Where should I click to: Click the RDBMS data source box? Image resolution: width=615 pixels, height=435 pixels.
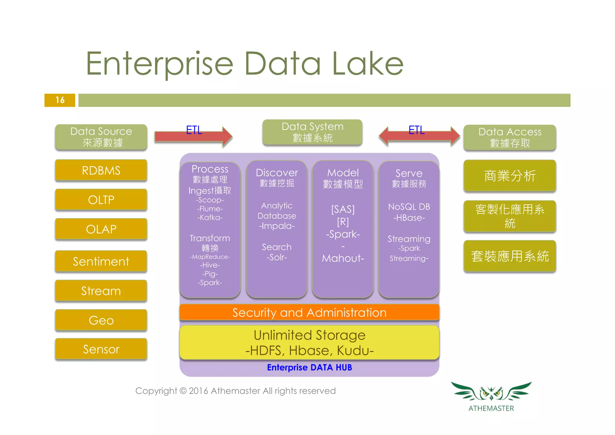pyautogui.click(x=101, y=170)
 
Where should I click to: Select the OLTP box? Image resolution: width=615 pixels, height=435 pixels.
pyautogui.click(x=101, y=200)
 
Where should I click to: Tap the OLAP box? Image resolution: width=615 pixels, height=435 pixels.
pyautogui.click(x=101, y=229)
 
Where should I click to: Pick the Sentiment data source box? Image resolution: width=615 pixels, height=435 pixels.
pyautogui.click(x=101, y=261)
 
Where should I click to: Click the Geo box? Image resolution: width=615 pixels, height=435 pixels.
pyautogui.click(x=101, y=320)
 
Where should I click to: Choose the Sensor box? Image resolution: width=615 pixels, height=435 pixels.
pyautogui.click(x=101, y=349)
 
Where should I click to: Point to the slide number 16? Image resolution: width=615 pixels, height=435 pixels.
pyautogui.click(x=60, y=100)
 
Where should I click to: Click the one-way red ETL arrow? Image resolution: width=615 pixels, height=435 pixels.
pyautogui.click(x=193, y=137)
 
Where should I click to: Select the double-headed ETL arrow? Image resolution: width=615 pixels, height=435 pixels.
pyautogui.click(x=419, y=136)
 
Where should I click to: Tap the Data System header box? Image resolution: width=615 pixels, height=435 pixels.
pyautogui.click(x=312, y=132)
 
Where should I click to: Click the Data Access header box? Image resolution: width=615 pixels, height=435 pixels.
pyautogui.click(x=510, y=137)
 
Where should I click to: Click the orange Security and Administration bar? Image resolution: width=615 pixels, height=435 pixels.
pyautogui.click(x=309, y=313)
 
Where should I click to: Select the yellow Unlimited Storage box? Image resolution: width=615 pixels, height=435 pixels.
pyautogui.click(x=309, y=343)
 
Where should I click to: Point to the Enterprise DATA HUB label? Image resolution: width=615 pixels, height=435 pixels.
pyautogui.click(x=309, y=367)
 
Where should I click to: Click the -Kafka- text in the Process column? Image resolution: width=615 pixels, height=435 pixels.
pyautogui.click(x=210, y=217)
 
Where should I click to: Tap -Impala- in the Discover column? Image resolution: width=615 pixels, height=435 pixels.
pyautogui.click(x=277, y=226)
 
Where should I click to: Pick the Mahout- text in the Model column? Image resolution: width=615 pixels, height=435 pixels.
pyautogui.click(x=343, y=258)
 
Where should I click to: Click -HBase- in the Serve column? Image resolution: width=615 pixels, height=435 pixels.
pyautogui.click(x=409, y=218)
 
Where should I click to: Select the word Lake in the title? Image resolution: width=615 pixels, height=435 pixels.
pyautogui.click(x=368, y=64)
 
